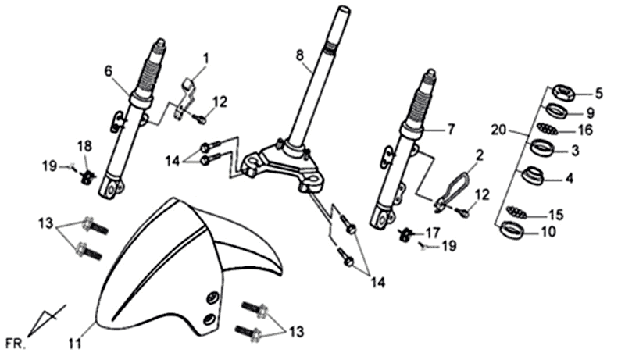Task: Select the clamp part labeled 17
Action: click(407, 233)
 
